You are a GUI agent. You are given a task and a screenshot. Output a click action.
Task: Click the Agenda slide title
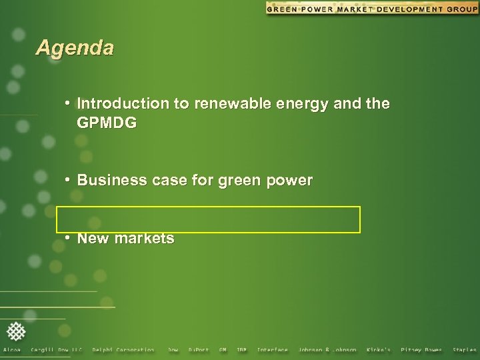[x=75, y=48]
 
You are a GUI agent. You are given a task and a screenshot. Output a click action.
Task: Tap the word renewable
[x=225, y=104]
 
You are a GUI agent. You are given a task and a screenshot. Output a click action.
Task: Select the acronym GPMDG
[x=107, y=123]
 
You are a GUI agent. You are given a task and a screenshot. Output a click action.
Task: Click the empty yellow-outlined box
[x=208, y=219]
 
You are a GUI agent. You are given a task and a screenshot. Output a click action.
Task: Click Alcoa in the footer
[x=12, y=350]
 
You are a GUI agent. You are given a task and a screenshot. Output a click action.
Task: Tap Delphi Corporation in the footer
[x=123, y=350]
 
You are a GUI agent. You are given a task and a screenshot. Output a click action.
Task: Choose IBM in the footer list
[x=241, y=350]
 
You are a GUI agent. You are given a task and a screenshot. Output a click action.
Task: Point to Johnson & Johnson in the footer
[x=327, y=350]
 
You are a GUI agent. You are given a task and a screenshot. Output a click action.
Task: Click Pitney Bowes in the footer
[x=421, y=350]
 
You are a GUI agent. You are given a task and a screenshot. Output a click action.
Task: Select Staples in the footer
[x=465, y=350]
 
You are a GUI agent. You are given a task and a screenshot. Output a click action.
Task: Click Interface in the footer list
[x=272, y=350]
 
